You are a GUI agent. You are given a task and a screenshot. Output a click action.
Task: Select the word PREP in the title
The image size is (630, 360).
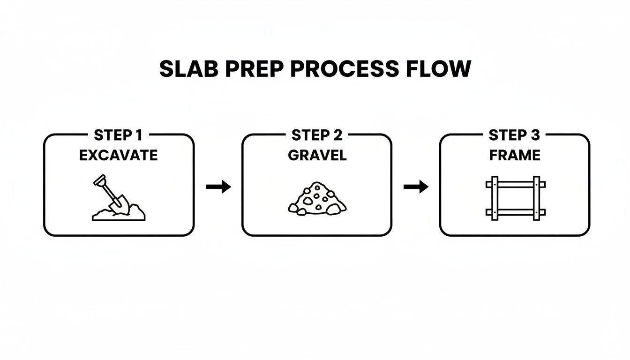pyautogui.click(x=255, y=69)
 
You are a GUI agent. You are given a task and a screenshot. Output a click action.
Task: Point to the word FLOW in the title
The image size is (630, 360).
pyautogui.click(x=442, y=69)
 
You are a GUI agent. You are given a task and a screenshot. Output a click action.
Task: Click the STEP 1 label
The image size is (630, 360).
pyautogui.click(x=118, y=135)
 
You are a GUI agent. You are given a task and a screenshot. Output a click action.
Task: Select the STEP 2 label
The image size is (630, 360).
pyautogui.click(x=316, y=135)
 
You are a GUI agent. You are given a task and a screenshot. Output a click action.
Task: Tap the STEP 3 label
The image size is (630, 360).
pyautogui.click(x=514, y=135)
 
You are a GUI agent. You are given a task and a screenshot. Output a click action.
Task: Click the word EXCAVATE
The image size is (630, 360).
pyautogui.click(x=118, y=155)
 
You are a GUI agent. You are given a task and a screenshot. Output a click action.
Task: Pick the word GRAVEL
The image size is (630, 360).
pyautogui.click(x=317, y=155)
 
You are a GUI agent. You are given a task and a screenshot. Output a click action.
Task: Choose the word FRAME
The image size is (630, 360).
pyautogui.click(x=514, y=155)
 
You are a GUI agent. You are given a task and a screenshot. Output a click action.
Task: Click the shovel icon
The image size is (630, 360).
pyautogui.click(x=111, y=195)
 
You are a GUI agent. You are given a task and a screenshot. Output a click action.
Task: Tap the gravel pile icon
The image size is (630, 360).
pyautogui.click(x=317, y=199)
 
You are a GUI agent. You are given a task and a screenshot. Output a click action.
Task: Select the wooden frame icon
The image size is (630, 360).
pyautogui.click(x=515, y=198)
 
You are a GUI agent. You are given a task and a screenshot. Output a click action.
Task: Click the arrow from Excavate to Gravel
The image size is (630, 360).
pyautogui.click(x=218, y=187)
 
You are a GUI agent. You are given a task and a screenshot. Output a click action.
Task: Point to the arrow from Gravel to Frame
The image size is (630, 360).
pyautogui.click(x=416, y=187)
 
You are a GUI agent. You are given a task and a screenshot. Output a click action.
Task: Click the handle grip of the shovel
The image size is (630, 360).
pyautogui.click(x=100, y=179)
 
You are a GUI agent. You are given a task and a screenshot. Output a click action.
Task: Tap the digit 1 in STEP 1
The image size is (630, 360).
pyautogui.click(x=138, y=135)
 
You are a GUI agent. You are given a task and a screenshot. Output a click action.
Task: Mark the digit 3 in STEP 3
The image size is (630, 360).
pyautogui.click(x=535, y=135)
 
